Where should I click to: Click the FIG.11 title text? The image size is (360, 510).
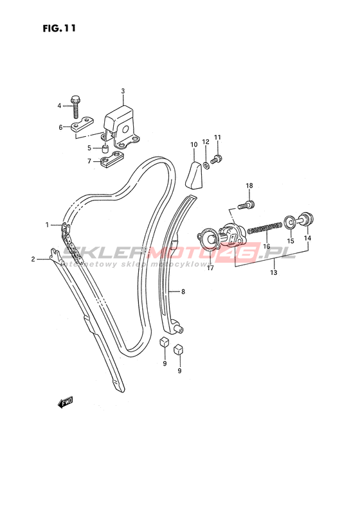point(59,28)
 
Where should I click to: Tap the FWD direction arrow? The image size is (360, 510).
point(66,402)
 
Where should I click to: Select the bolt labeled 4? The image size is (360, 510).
point(75,107)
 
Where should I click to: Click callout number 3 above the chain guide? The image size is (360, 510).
point(123,91)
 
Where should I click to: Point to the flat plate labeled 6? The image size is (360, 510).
point(82,124)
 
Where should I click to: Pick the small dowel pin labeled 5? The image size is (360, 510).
point(105,149)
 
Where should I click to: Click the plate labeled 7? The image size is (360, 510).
point(112,161)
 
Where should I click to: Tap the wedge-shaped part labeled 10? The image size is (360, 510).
point(194,175)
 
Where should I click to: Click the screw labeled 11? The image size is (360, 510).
point(217,159)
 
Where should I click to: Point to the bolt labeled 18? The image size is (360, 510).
point(246,205)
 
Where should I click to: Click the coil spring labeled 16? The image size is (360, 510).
point(265,227)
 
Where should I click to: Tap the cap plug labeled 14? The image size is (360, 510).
point(305,219)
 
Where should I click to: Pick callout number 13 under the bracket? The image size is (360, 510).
point(274,272)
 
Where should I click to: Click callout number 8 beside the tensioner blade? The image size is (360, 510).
point(183,292)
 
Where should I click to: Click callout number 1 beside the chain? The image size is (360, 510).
point(47,224)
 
